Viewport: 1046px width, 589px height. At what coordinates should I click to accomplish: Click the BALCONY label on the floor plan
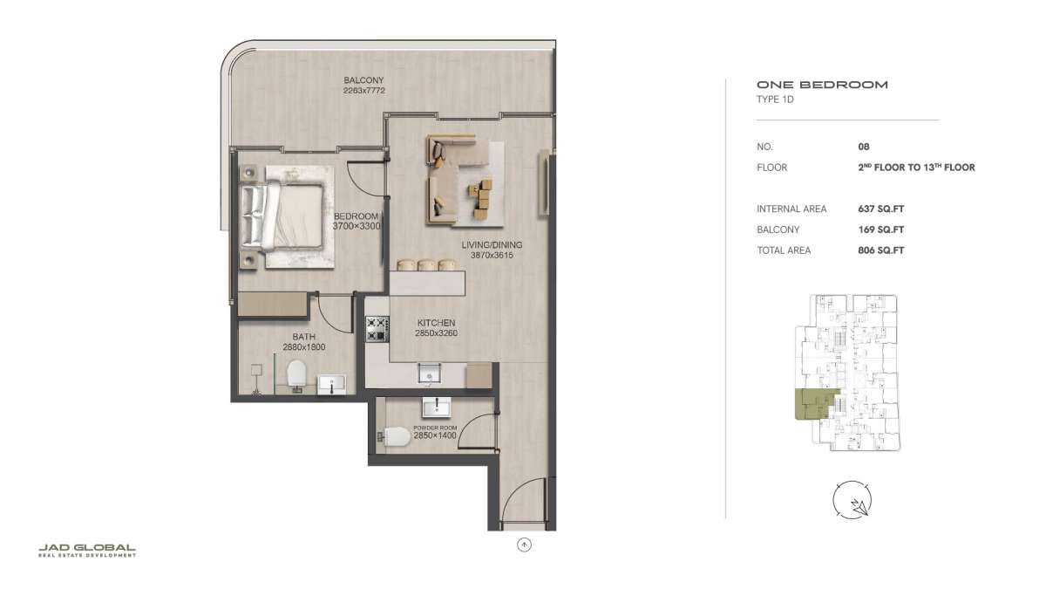point(363,80)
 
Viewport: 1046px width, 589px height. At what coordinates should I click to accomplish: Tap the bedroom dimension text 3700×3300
point(357,226)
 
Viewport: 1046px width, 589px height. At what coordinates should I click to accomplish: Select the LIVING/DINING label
point(492,244)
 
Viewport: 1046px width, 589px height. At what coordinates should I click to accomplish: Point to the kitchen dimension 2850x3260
point(436,333)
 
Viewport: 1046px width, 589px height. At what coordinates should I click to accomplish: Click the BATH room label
point(303,337)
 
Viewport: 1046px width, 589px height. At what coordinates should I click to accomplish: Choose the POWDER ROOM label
point(435,428)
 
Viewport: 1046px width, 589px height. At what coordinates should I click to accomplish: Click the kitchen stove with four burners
point(377,329)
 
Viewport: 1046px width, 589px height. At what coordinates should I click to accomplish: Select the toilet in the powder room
point(395,437)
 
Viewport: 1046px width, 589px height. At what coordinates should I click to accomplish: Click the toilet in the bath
point(296,375)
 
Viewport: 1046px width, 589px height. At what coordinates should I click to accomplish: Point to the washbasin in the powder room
point(436,408)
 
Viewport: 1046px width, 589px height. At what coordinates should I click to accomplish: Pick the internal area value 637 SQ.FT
point(880,209)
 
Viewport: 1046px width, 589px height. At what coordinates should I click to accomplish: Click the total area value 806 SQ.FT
point(880,250)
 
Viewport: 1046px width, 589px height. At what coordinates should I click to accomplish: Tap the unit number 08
point(864,147)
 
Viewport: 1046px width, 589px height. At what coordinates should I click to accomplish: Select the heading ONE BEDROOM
point(822,85)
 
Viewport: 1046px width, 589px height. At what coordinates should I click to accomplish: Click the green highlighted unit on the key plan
point(812,404)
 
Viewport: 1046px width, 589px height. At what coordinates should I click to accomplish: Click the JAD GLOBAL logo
point(87,551)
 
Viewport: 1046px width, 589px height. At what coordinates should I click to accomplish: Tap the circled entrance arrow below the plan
point(524,544)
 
